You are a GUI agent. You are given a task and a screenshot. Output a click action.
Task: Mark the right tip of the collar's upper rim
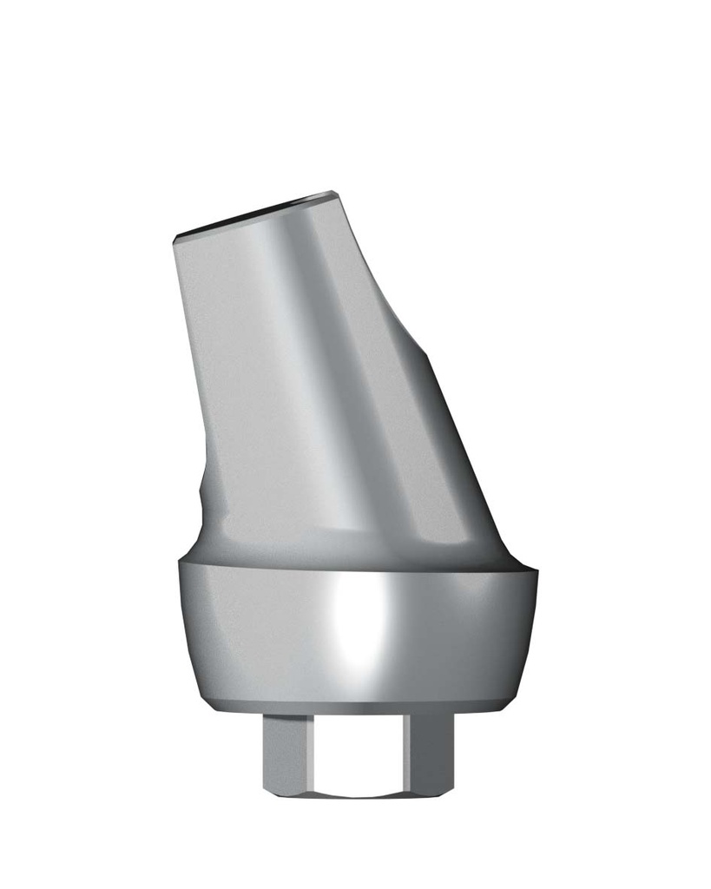coord(537,570)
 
